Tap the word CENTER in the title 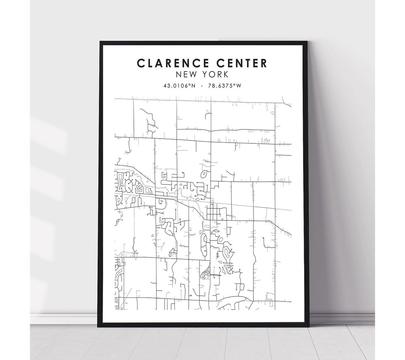240,63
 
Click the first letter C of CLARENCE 141,63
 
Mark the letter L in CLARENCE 150,63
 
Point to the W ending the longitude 238,86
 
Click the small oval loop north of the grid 204,174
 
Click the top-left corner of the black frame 100,42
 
